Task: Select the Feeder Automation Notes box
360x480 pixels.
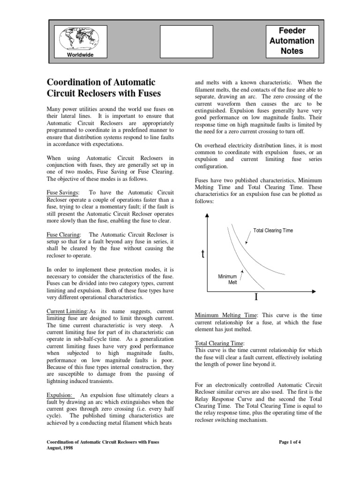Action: pos(292,41)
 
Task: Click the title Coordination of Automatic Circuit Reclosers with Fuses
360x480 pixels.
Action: pos(104,88)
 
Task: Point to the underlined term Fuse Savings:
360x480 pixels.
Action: pos(62,193)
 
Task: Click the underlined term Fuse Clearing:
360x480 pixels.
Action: pos(64,234)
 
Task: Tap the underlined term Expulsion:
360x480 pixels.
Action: pos(59,395)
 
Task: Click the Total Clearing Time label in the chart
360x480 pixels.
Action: pos(273,231)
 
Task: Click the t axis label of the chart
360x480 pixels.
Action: pos(202,255)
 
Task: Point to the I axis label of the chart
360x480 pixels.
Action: pos(256,297)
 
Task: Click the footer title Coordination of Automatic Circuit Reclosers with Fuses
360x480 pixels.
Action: pos(105,442)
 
